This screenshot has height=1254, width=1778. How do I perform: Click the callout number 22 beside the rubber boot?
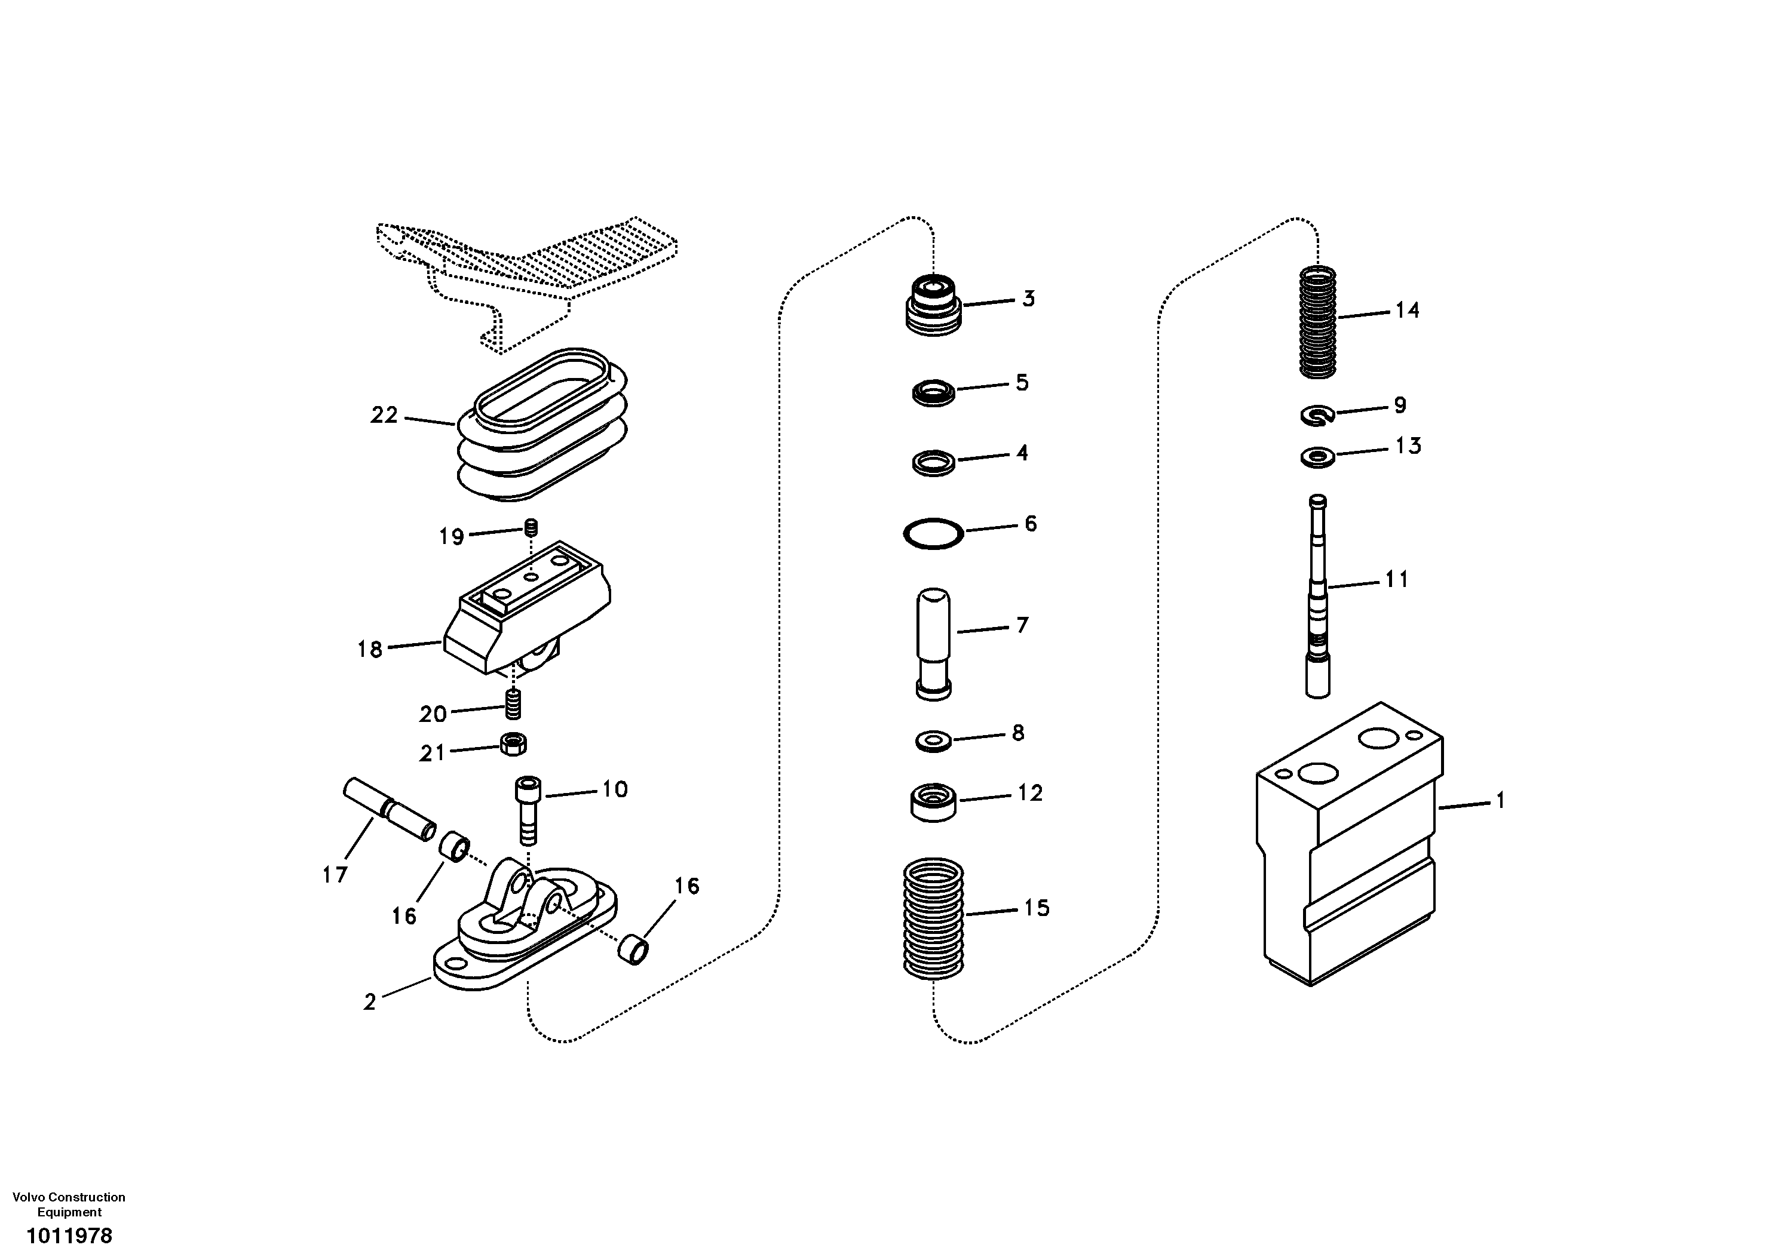pos(384,416)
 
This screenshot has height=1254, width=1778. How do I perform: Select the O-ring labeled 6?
pos(933,533)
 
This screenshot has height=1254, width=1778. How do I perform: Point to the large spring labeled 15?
pos(933,919)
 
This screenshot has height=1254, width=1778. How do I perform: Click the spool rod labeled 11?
pos(1318,596)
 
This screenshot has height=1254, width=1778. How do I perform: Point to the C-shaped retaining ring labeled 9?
pos(1316,416)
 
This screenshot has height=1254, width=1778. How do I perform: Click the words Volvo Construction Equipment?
pos(69,1204)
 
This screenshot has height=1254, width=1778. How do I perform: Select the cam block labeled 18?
pos(526,611)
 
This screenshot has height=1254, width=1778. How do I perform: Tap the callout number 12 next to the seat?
pos(1030,794)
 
